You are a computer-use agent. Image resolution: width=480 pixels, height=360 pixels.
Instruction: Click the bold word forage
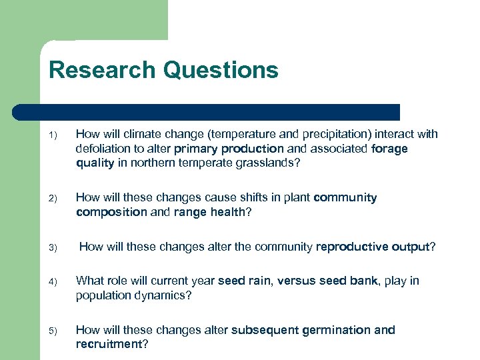tap(390, 149)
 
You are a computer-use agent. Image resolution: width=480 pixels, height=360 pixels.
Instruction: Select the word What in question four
tap(89, 281)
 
